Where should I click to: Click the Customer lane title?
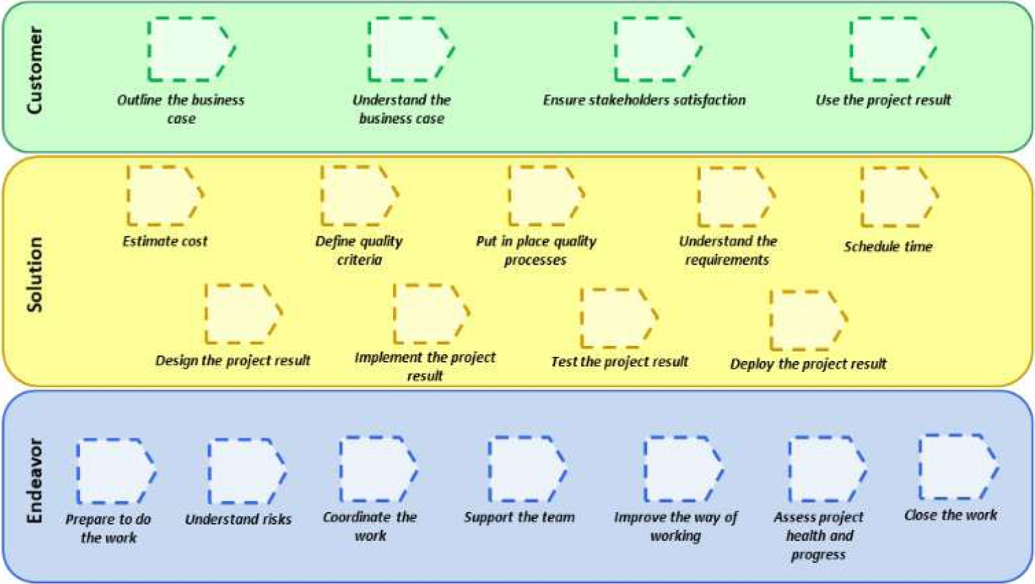pyautogui.click(x=34, y=70)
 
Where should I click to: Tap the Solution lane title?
pyautogui.click(x=34, y=274)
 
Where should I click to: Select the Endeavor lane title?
pyautogui.click(x=34, y=481)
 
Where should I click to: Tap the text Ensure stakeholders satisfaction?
pyautogui.click(x=644, y=100)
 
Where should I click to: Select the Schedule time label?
pyautogui.click(x=887, y=247)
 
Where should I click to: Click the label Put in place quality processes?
pyautogui.click(x=536, y=250)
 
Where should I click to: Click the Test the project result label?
pyautogui.click(x=619, y=362)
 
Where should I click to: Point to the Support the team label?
pyautogui.click(x=520, y=517)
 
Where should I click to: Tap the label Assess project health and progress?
pyautogui.click(x=818, y=535)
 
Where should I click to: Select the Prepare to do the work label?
pyautogui.click(x=108, y=528)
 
